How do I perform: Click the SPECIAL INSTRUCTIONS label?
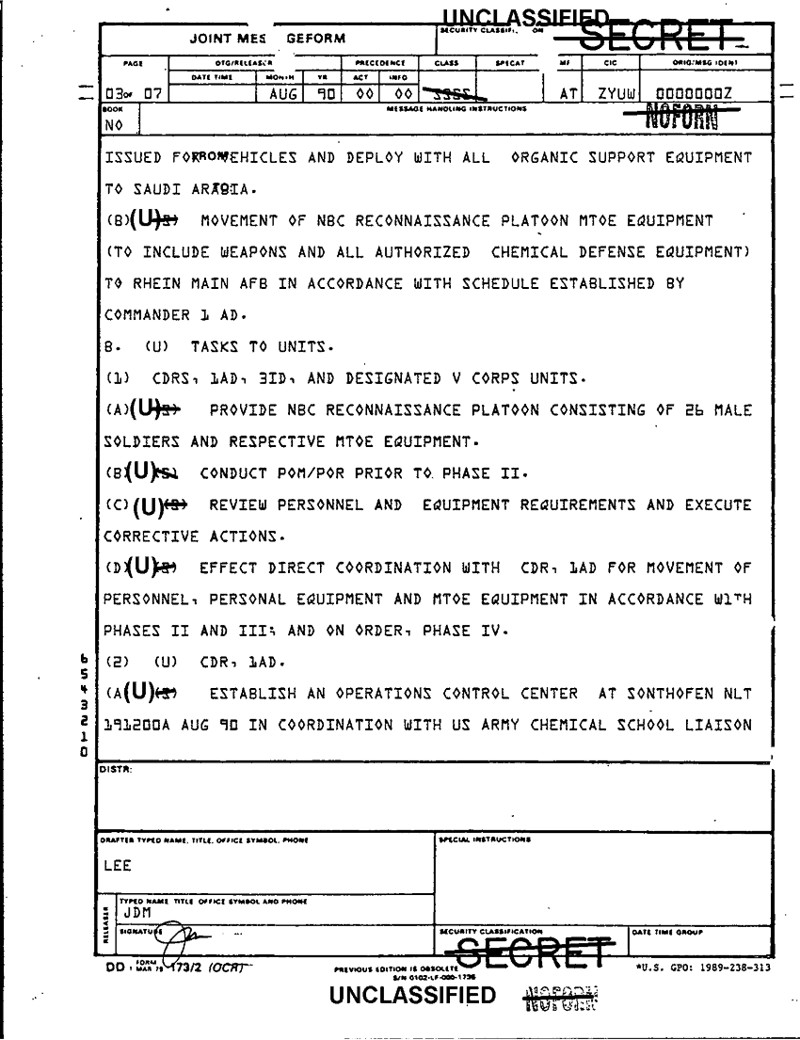pyautogui.click(x=484, y=838)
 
